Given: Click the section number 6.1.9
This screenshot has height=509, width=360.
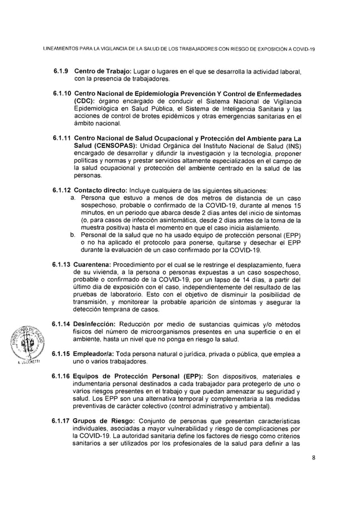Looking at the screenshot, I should click(60, 72).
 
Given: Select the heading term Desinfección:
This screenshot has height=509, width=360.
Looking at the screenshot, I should click(95, 324).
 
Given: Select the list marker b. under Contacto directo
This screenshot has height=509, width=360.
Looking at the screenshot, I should click(73, 235).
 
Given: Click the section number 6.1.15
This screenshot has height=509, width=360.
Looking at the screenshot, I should click(62, 354).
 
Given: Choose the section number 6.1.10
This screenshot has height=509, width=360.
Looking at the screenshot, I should click(62, 92).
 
